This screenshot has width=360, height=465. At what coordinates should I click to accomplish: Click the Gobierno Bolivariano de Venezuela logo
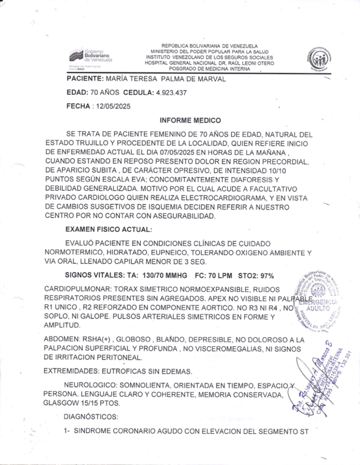pyautogui.click(x=91, y=57)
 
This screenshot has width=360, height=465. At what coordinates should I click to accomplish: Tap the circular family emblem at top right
pyautogui.click(x=318, y=59)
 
